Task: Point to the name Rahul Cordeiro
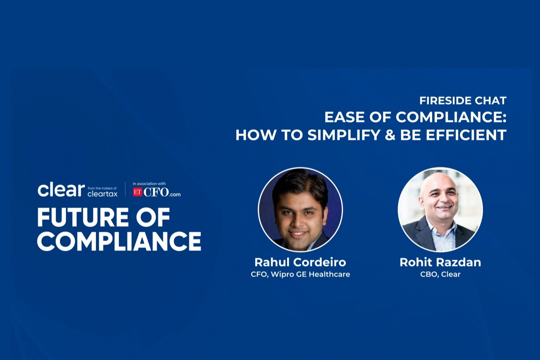pyautogui.click(x=300, y=262)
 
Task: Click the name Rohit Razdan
pyautogui.click(x=440, y=262)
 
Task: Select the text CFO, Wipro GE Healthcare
pyautogui.click(x=300, y=274)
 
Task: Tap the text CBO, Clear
pyautogui.click(x=440, y=274)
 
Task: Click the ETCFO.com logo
pyautogui.click(x=157, y=192)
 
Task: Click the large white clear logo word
pyautogui.click(x=61, y=190)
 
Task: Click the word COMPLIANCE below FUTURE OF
pyautogui.click(x=119, y=241)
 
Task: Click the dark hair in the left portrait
pyautogui.click(x=299, y=182)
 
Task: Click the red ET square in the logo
pyautogui.click(x=137, y=192)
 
